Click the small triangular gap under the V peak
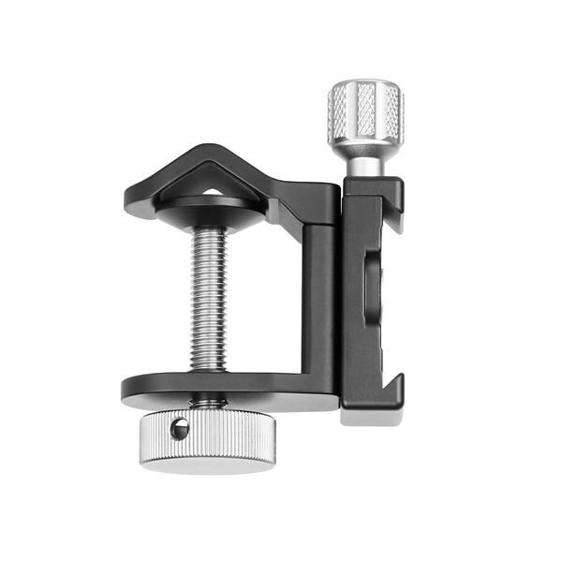coord(214,191)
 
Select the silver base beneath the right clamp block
coord(370,416)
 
